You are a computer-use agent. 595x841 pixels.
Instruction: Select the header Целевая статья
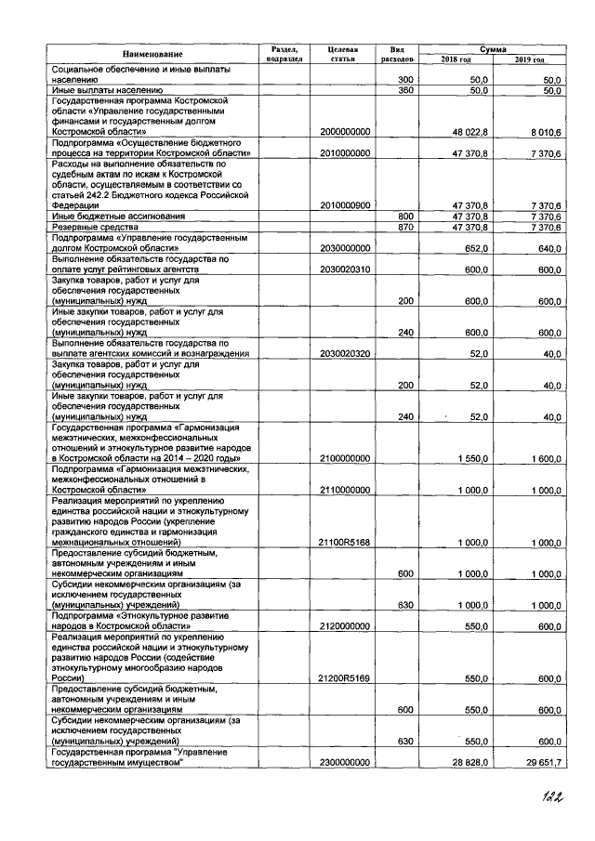point(343,53)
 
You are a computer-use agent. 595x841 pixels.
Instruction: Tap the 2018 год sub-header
point(456,59)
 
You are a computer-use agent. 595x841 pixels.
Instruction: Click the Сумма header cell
point(493,46)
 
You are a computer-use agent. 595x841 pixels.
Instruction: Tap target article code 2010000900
point(345,204)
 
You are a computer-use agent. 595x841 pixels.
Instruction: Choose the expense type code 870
point(404,226)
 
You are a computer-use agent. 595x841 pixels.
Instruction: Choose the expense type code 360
point(404,91)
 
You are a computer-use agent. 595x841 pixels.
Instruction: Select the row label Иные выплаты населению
point(99,91)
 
